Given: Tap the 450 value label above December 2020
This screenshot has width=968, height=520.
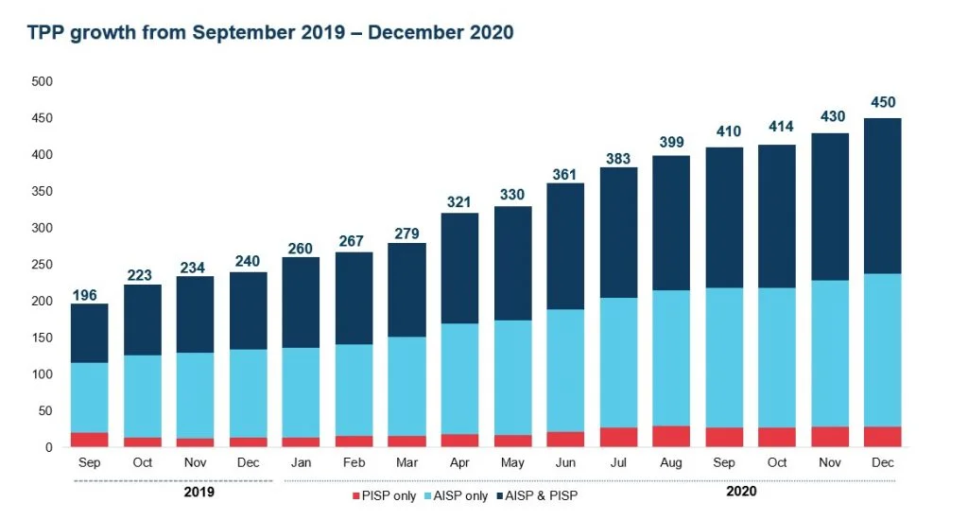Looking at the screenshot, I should (883, 102).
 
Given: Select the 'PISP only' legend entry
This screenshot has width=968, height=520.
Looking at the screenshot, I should (385, 496).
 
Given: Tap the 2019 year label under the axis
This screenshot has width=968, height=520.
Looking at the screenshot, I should (199, 492).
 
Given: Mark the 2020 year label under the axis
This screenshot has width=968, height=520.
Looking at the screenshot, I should (742, 492).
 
